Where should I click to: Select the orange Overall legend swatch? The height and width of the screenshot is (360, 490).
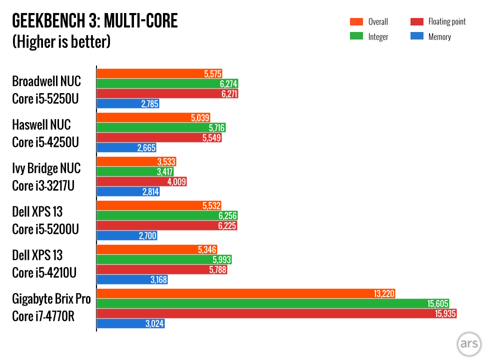point(356,21)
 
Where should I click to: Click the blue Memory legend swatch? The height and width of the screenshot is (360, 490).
point(416,36)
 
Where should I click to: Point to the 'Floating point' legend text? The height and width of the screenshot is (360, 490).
point(446,21)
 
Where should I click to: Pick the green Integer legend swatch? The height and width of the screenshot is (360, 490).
point(356,36)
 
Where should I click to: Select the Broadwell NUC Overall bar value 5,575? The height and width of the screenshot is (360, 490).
point(212,74)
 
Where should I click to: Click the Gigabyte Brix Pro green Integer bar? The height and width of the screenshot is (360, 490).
point(272,303)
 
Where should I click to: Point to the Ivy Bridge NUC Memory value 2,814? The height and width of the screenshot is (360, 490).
point(149,191)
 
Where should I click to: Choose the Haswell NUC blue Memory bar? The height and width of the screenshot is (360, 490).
point(126,147)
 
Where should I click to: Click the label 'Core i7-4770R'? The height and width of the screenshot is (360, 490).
point(43,317)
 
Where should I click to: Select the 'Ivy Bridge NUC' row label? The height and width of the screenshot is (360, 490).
point(46,168)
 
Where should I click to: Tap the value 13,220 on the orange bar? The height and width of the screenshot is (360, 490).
point(385,294)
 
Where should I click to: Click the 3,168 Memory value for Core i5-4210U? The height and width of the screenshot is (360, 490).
point(157,279)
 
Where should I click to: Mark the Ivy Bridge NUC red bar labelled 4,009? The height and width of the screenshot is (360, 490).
point(141,181)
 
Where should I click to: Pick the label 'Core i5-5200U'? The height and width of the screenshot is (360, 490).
point(45,229)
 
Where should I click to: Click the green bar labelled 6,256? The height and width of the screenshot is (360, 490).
point(167,215)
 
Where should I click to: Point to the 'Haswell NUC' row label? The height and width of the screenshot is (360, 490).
point(41,124)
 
